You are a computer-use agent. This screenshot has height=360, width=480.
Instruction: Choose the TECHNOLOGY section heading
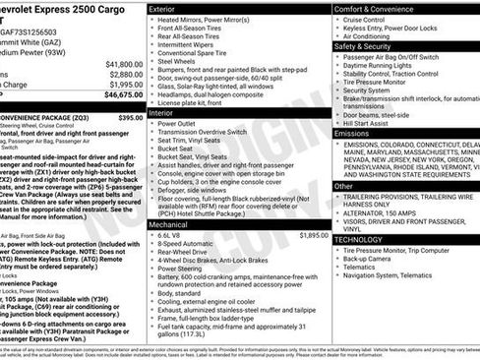tap(358, 239)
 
